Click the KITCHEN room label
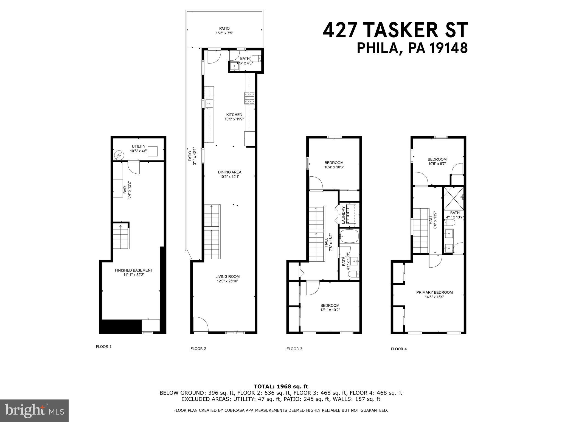pyautogui.click(x=234, y=115)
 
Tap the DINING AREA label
pyautogui.click(x=230, y=172)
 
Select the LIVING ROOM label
pyautogui.click(x=227, y=277)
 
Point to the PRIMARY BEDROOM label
pyautogui.click(x=434, y=292)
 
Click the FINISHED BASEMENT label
pyautogui.click(x=134, y=270)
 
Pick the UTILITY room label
pyautogui.click(x=139, y=146)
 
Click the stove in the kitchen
pyautogui.click(x=250, y=98)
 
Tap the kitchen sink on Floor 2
pyautogui.click(x=209, y=104)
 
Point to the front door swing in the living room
pyautogui.click(x=200, y=325)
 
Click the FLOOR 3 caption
pyautogui.click(x=294, y=349)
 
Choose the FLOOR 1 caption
pyautogui.click(x=104, y=347)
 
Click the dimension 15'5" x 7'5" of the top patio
pyautogui.click(x=224, y=33)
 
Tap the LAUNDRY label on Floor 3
pyautogui.click(x=343, y=215)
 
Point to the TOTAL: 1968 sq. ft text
pyautogui.click(x=281, y=387)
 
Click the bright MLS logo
pyautogui.click(x=34, y=410)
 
